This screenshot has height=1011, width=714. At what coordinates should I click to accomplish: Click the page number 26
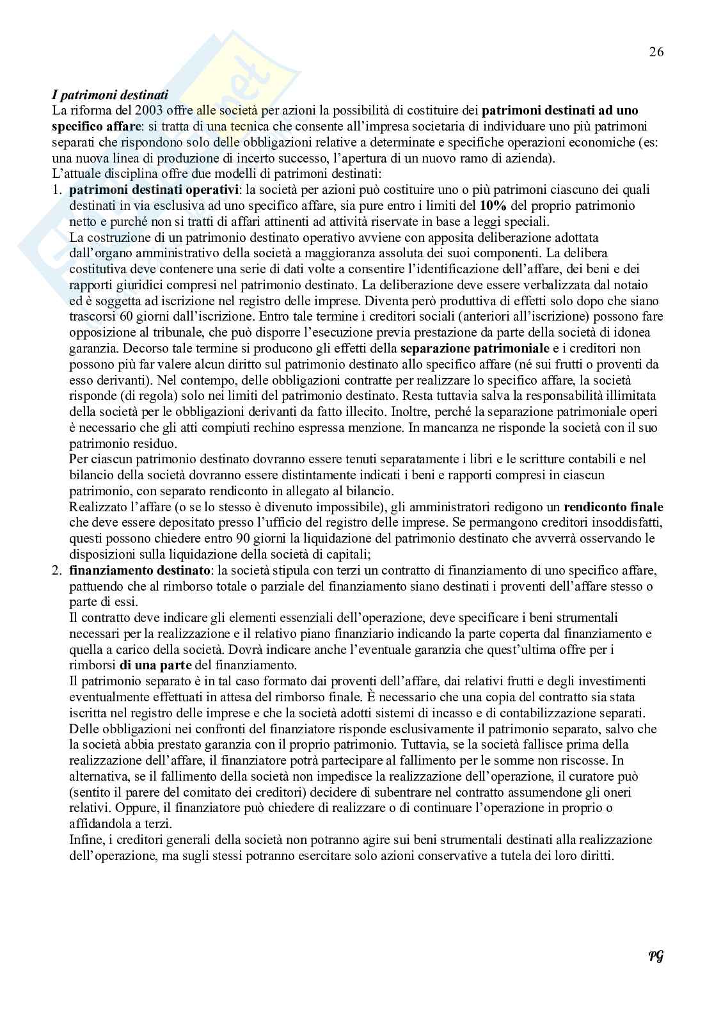point(656,52)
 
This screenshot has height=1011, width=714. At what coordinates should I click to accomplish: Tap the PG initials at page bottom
point(656,957)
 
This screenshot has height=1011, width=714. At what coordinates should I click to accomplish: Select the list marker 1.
point(57,190)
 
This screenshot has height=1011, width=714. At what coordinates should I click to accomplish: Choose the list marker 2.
point(57,570)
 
